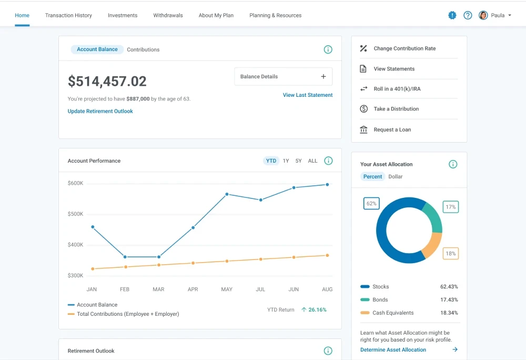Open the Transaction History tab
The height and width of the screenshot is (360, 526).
point(68,15)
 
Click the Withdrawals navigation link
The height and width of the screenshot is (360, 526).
point(168,15)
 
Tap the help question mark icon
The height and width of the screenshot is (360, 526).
point(468,15)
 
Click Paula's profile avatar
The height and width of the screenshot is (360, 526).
point(483,15)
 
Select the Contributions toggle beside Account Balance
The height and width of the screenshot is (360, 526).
point(143,49)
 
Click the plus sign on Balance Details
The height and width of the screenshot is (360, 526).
point(323,76)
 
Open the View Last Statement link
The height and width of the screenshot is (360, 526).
point(308,95)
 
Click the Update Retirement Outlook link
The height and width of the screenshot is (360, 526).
point(100,111)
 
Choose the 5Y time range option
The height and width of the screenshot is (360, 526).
point(298,161)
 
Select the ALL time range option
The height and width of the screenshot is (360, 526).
point(312,161)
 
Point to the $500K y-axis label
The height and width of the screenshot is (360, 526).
point(75,214)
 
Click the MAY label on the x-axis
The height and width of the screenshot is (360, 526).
point(227,289)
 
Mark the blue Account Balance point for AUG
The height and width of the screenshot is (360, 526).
point(327,185)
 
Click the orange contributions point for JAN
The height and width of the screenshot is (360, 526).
point(93,269)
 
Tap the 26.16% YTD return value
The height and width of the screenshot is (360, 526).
point(317,309)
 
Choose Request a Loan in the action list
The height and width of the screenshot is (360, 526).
point(392,129)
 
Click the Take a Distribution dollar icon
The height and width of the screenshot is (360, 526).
point(363,109)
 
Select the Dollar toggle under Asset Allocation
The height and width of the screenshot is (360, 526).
point(395,176)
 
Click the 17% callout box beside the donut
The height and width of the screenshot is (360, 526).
point(450,207)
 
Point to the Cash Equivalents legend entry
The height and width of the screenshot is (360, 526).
point(392,313)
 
